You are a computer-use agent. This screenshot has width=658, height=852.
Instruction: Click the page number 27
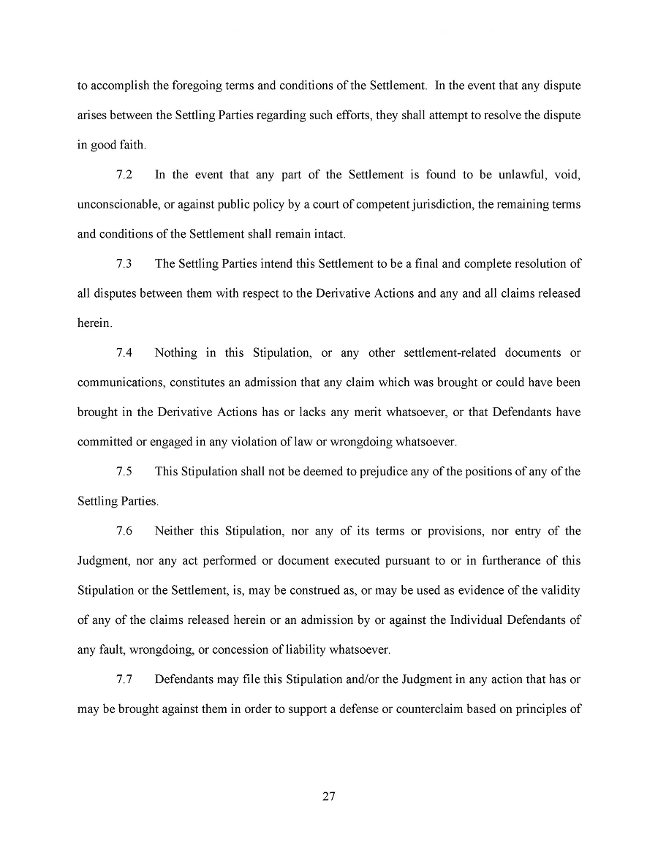(328, 796)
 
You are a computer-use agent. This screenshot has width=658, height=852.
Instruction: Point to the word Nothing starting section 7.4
(175, 353)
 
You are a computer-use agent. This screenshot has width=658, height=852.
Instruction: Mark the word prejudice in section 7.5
(382, 472)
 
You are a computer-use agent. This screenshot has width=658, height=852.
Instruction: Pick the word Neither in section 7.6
(175, 531)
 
